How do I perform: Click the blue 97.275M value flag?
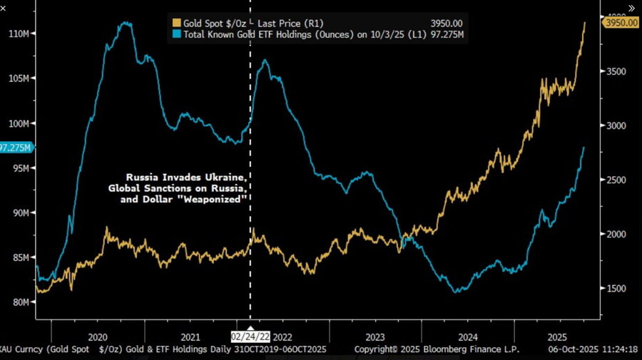14,148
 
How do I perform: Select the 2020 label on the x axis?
97,336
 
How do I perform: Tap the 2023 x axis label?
375,336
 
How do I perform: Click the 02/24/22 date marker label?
250,336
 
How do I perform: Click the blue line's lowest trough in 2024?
457,292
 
